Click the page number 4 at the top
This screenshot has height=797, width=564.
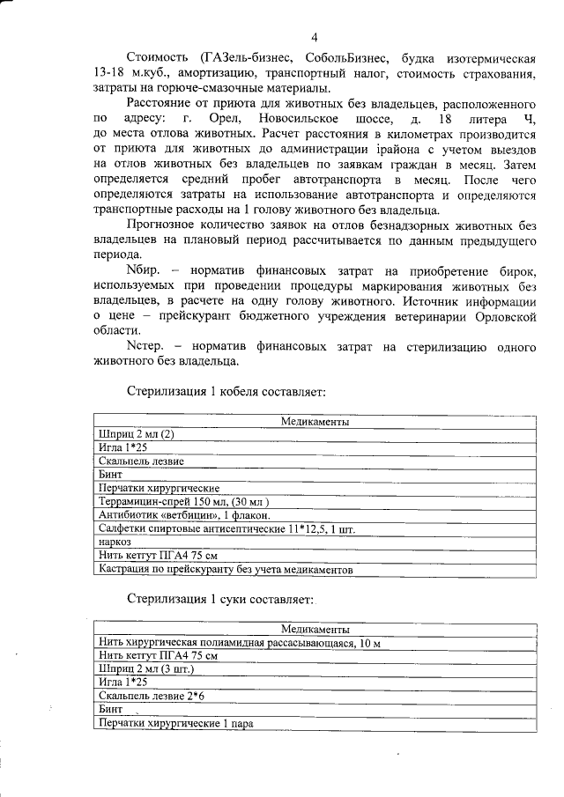pos(315,37)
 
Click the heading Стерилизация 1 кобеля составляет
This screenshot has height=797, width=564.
pos(228,390)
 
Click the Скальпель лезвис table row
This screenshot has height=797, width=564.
pos(142,461)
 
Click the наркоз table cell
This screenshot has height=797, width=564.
pos(116,542)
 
